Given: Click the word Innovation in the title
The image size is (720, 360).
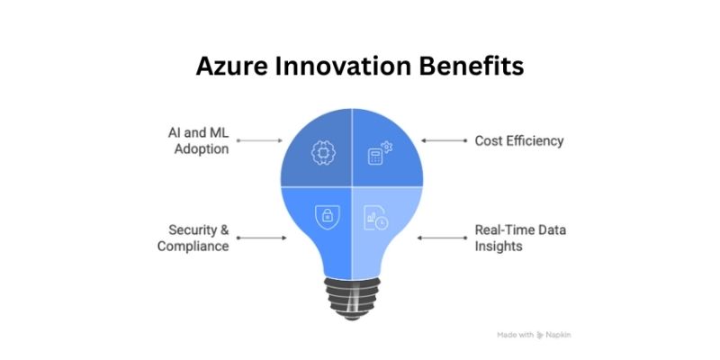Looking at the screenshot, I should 346,67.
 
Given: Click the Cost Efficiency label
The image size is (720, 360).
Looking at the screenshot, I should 519,140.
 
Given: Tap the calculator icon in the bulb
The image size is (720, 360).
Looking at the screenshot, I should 378,154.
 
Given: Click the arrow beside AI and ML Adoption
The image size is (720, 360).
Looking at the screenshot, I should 259,140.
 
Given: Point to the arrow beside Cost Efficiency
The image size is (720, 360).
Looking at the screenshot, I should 444,140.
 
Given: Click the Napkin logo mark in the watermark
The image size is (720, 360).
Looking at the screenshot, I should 540,334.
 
